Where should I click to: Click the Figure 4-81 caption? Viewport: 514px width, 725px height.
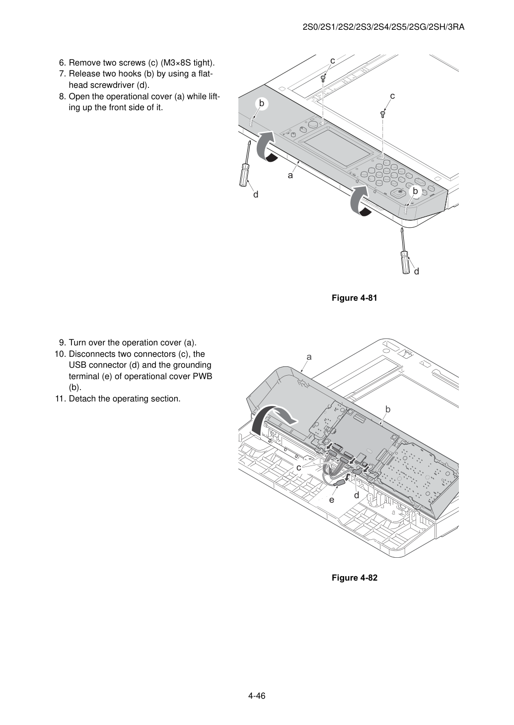354,298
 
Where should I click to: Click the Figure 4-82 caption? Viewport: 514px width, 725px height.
354,578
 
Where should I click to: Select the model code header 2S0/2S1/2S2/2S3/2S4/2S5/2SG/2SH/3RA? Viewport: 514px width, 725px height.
383,27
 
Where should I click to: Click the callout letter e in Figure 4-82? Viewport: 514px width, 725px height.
331,500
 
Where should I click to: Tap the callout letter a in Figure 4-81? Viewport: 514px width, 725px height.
290,176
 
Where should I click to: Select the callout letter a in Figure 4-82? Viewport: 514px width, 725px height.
309,357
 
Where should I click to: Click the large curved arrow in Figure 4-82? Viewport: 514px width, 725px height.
272,420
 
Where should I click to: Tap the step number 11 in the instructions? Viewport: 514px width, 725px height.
60,399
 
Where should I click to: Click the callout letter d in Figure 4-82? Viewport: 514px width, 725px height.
356,496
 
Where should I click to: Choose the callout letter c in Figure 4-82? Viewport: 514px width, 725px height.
298,467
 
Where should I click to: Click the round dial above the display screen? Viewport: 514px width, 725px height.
312,124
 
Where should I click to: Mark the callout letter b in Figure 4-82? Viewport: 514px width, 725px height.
388,409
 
